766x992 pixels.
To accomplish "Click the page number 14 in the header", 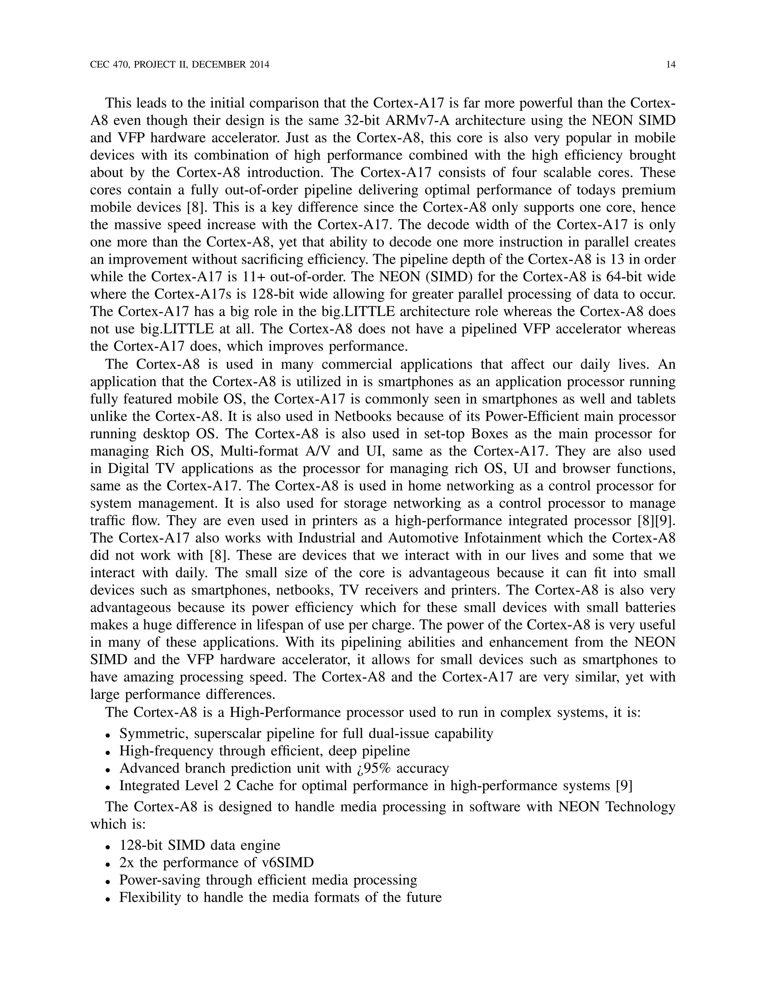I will tap(671, 65).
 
